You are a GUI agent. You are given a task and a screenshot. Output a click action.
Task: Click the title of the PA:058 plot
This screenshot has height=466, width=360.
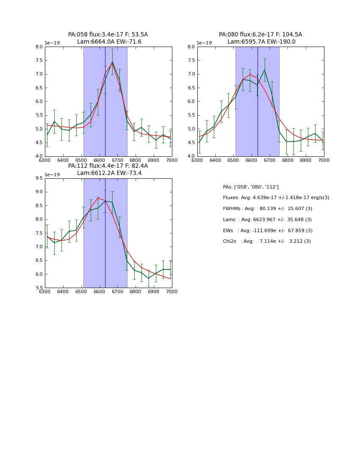[108, 38]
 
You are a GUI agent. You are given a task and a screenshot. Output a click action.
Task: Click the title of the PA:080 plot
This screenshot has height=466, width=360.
[260, 38]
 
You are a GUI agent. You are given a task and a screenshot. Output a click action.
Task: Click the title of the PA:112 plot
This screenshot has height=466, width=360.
[108, 169]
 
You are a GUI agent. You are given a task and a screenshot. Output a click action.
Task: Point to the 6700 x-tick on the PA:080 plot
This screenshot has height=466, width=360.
[288, 160]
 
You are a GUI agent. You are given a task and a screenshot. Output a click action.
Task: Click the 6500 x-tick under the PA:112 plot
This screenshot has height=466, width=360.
[81, 291]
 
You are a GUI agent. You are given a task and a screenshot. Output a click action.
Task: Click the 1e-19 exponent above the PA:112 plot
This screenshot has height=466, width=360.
[52, 175]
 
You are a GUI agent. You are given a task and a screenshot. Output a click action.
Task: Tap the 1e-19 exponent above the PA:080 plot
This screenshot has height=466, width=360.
[205, 43]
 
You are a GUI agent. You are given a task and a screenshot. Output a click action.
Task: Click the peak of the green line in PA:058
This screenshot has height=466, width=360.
[112, 62]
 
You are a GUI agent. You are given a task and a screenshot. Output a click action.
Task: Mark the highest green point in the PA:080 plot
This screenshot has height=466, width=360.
[265, 69]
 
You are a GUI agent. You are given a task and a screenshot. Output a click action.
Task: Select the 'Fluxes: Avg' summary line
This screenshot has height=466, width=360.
[276, 198]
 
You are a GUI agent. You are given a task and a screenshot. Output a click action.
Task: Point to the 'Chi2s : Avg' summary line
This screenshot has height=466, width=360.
[267, 241]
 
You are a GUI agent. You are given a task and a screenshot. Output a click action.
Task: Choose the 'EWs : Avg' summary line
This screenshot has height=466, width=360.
[268, 230]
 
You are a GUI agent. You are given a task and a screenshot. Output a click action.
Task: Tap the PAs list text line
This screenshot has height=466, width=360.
[251, 187]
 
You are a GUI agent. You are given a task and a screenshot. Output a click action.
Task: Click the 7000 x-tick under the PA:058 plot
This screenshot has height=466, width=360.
[172, 160]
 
